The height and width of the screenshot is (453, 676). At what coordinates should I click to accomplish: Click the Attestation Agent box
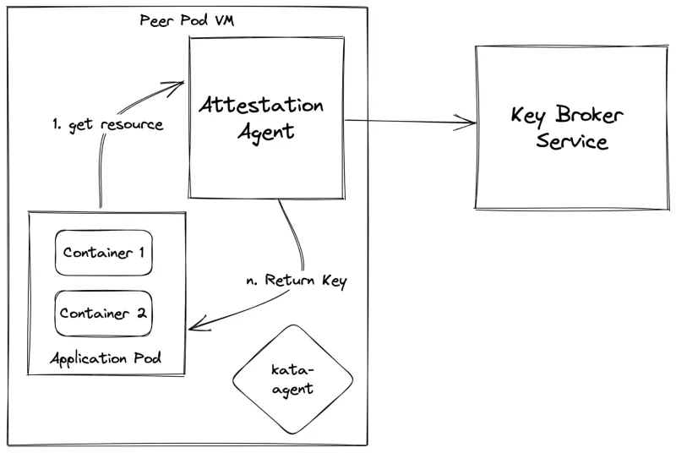[265, 117]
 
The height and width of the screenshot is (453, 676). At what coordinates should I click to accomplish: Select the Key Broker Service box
[560, 128]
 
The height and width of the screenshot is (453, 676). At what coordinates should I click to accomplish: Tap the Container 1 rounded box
[104, 253]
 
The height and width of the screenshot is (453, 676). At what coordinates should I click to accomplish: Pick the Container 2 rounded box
[104, 312]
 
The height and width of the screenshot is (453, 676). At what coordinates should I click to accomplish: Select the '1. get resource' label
[106, 124]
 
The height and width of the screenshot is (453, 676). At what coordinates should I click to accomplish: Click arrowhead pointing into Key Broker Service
[472, 124]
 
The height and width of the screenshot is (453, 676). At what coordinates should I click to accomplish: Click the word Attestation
[261, 106]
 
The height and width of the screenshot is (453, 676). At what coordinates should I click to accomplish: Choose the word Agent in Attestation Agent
[265, 132]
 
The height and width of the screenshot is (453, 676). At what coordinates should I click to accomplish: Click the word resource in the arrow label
[131, 124]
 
